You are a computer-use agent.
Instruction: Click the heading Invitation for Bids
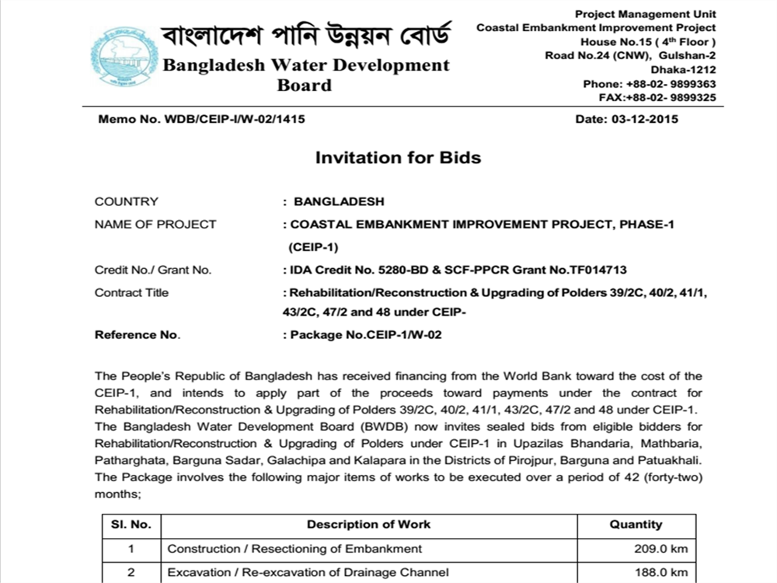pyautogui.click(x=398, y=158)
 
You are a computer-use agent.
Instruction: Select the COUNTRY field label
pyautogui.click(x=127, y=202)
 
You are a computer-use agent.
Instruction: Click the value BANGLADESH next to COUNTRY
pyautogui.click(x=339, y=202)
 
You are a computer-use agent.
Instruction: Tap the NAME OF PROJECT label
pyautogui.click(x=155, y=225)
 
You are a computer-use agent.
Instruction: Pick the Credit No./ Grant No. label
pyautogui.click(x=153, y=271)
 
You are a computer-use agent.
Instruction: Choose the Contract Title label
pyautogui.click(x=131, y=293)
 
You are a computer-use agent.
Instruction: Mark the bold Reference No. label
pyautogui.click(x=137, y=335)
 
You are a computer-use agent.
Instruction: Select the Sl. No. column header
pyautogui.click(x=131, y=525)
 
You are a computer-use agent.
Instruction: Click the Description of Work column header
pyautogui.click(x=368, y=525)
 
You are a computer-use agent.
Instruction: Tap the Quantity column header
pyautogui.click(x=636, y=525)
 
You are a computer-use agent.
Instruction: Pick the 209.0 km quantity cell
pyautogui.click(x=660, y=549)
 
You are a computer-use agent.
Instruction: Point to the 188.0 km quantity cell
pyautogui.click(x=660, y=573)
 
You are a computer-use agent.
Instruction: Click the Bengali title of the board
pyautogui.click(x=305, y=33)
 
